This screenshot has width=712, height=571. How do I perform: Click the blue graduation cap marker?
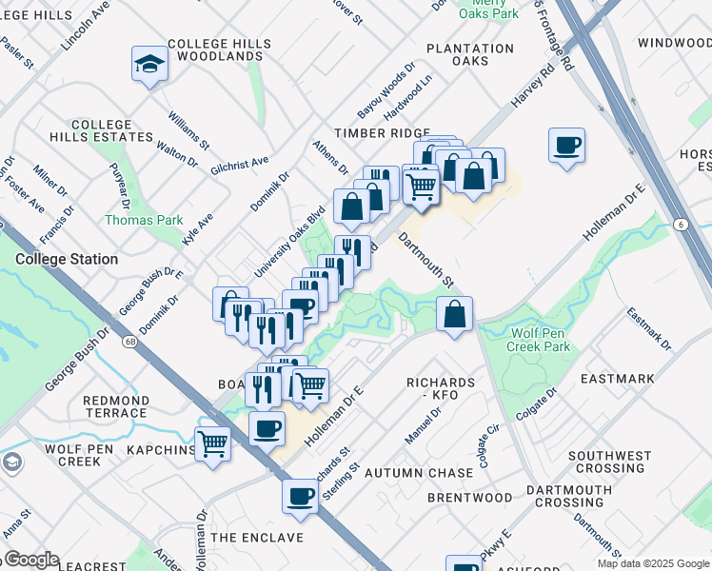[x=149, y=65]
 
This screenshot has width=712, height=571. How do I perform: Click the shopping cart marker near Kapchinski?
[x=213, y=444]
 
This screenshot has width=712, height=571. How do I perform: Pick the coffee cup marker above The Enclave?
[x=301, y=497]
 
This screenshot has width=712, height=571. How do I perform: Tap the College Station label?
[x=67, y=259]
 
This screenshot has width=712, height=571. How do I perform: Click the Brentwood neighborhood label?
[x=469, y=498]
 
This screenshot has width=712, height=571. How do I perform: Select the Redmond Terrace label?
[x=115, y=406]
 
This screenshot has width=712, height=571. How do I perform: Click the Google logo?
[x=30, y=560]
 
